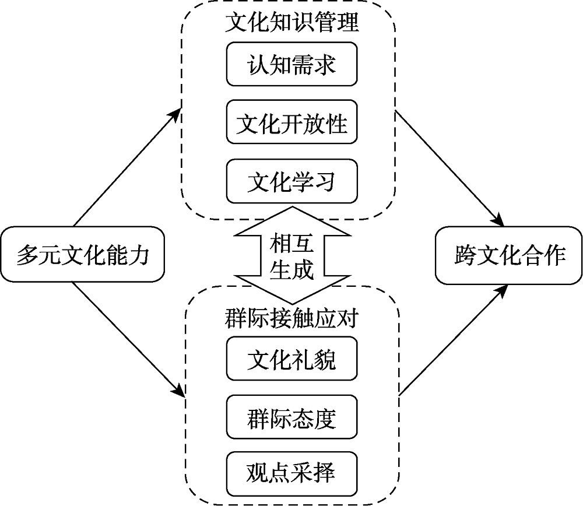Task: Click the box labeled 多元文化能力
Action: [82, 255]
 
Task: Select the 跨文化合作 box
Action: [510, 255]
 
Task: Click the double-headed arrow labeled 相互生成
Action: [291, 255]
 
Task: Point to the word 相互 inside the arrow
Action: [291, 243]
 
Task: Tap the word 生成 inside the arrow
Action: [291, 270]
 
